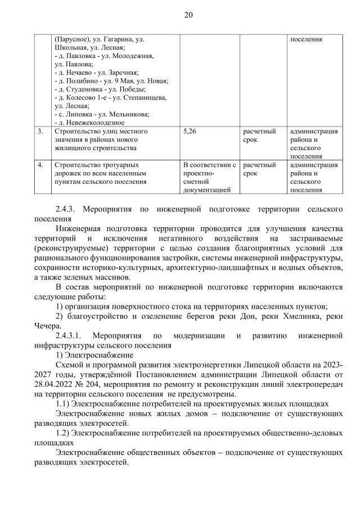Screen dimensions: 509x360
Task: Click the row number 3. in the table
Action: click(40, 132)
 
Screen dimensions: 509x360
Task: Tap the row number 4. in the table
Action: click(40, 165)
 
